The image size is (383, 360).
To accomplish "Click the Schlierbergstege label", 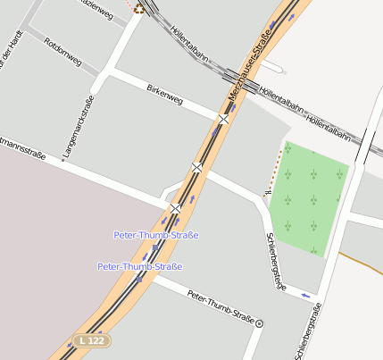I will (x=277, y=258).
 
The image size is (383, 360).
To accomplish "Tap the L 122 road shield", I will (x=93, y=340).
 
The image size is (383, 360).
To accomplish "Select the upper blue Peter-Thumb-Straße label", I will (x=156, y=235).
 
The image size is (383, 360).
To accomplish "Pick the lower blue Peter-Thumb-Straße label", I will (x=140, y=266).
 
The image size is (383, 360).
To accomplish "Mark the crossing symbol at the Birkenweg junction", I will (x=223, y=118).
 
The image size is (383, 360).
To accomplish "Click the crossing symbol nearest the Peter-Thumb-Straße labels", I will (x=176, y=208).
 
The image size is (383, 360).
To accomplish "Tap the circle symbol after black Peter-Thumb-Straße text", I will (x=260, y=323).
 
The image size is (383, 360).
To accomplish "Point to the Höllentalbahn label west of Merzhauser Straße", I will (x=188, y=44).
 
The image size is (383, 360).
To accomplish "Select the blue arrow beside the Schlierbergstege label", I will (x=307, y=294).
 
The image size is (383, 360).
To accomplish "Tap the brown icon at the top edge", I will (x=139, y=8).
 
